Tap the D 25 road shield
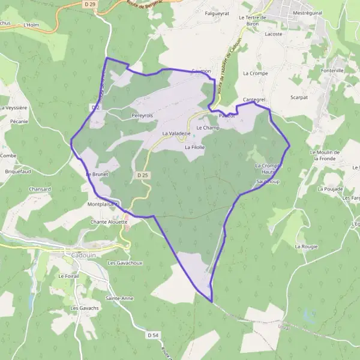[142, 175]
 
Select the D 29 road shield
[89, 4]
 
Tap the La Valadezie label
[176, 133]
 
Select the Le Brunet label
[96, 174]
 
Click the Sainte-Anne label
[119, 298]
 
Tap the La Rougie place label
[305, 246]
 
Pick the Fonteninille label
[332, 70]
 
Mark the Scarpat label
[299, 97]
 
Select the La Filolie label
[195, 146]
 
